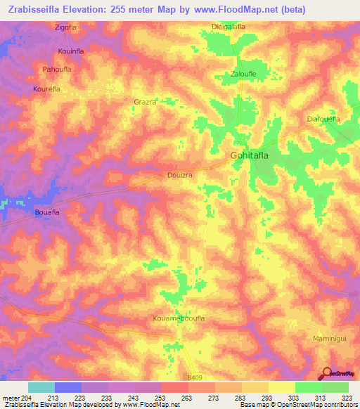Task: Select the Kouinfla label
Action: click(70, 52)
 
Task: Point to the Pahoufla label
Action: click(58, 70)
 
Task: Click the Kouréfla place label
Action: click(47, 89)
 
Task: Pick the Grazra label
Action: click(144, 102)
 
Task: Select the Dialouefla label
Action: click(323, 119)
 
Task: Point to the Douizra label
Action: click(180, 176)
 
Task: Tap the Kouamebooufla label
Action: click(179, 318)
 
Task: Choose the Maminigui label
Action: click(328, 339)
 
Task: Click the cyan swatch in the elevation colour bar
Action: click(41, 387)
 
